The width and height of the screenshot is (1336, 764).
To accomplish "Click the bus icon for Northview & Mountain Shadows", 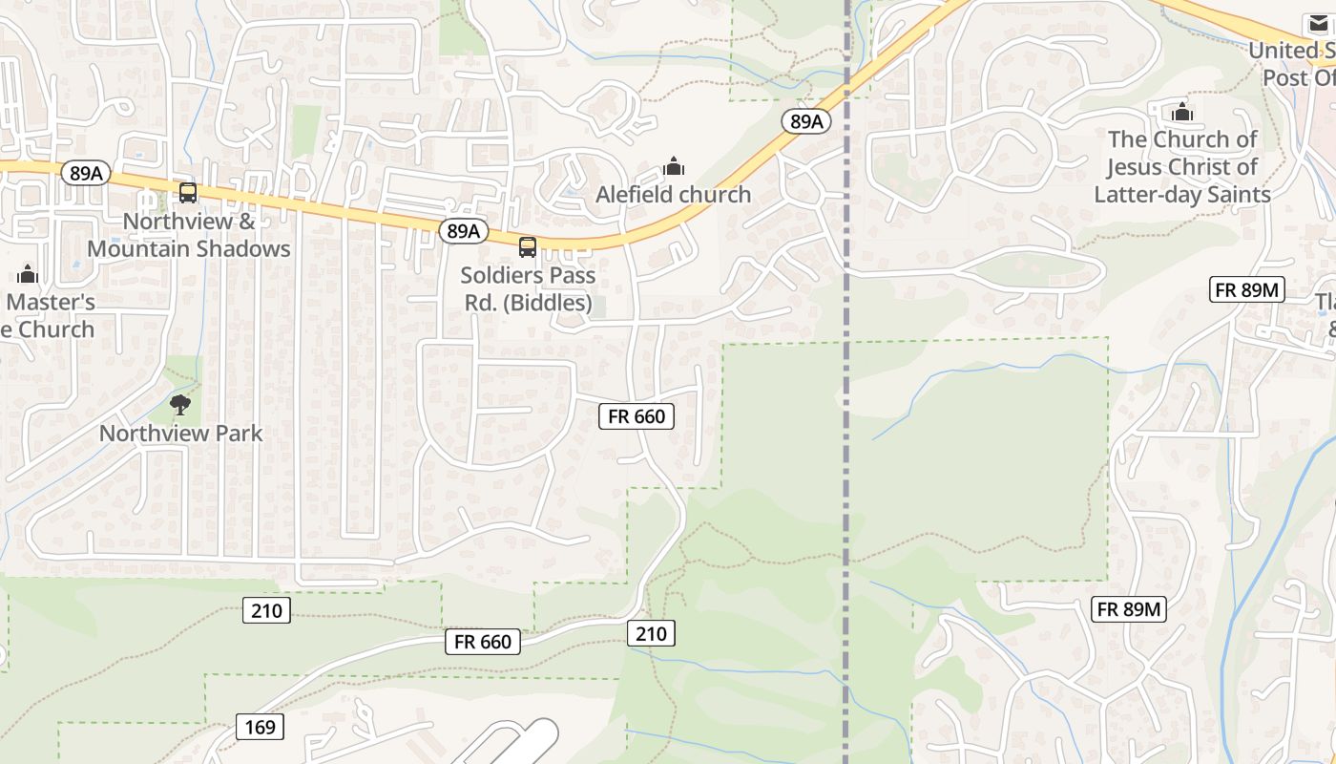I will [x=188, y=193].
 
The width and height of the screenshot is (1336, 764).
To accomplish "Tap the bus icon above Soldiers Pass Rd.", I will [x=527, y=247].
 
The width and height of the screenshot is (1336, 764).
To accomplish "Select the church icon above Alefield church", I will [x=674, y=167].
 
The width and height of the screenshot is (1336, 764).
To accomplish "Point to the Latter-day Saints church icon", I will [x=1182, y=112].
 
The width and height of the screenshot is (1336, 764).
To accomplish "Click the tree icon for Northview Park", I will [x=180, y=405].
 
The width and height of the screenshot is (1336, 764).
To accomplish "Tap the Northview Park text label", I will [x=180, y=433].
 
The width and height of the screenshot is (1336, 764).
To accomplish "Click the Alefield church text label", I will [x=673, y=194].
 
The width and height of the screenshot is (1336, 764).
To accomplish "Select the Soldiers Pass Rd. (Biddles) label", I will [x=528, y=288].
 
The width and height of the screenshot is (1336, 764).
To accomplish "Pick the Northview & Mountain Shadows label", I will [x=189, y=235].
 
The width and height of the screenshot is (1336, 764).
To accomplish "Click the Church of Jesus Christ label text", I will [x=1182, y=167].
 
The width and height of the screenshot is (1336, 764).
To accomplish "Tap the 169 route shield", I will [x=260, y=727].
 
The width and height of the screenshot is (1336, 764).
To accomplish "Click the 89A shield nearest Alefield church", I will [x=806, y=121].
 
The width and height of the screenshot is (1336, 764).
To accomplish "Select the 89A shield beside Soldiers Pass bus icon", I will [x=464, y=231].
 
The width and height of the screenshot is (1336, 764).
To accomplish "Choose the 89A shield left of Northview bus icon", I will [x=86, y=173].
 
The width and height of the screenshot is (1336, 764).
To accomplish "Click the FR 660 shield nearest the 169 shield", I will [x=483, y=642].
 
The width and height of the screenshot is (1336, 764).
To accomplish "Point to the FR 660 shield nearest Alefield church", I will [x=637, y=415].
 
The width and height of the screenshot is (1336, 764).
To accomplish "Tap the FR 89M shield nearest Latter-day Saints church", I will [x=1248, y=289].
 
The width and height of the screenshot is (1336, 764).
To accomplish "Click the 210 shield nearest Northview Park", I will [x=266, y=609].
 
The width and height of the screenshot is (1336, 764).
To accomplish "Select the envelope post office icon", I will [x=1318, y=24].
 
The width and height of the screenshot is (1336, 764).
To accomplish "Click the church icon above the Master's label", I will [x=28, y=275].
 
